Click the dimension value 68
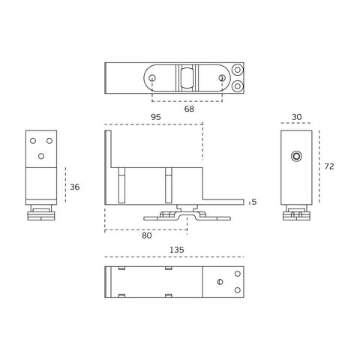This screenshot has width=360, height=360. point(189,109)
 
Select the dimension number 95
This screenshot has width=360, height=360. point(156,117)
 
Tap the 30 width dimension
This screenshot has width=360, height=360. point(297,117)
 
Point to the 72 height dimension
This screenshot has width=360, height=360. point(329,166)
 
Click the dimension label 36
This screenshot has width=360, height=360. point(74,187)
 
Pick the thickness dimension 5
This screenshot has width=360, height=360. point(254,202)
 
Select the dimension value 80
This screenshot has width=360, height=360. point(147,235)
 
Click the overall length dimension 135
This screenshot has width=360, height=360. point(176,250)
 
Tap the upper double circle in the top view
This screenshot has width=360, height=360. point(238,70)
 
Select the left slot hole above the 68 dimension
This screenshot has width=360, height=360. point(153,78)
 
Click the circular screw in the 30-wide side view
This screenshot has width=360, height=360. point(296,156)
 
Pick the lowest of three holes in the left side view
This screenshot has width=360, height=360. point(41,156)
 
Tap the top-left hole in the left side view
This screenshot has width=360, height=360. point(32,140)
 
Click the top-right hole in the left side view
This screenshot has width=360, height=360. point(49,140)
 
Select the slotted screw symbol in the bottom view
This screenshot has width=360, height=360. point(220,282)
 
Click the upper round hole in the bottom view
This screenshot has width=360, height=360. point(238,273)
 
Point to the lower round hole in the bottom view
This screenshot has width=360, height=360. point(238,290)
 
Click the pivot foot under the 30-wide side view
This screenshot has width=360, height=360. point(296,215)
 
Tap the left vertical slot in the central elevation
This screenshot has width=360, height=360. point(122,185)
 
